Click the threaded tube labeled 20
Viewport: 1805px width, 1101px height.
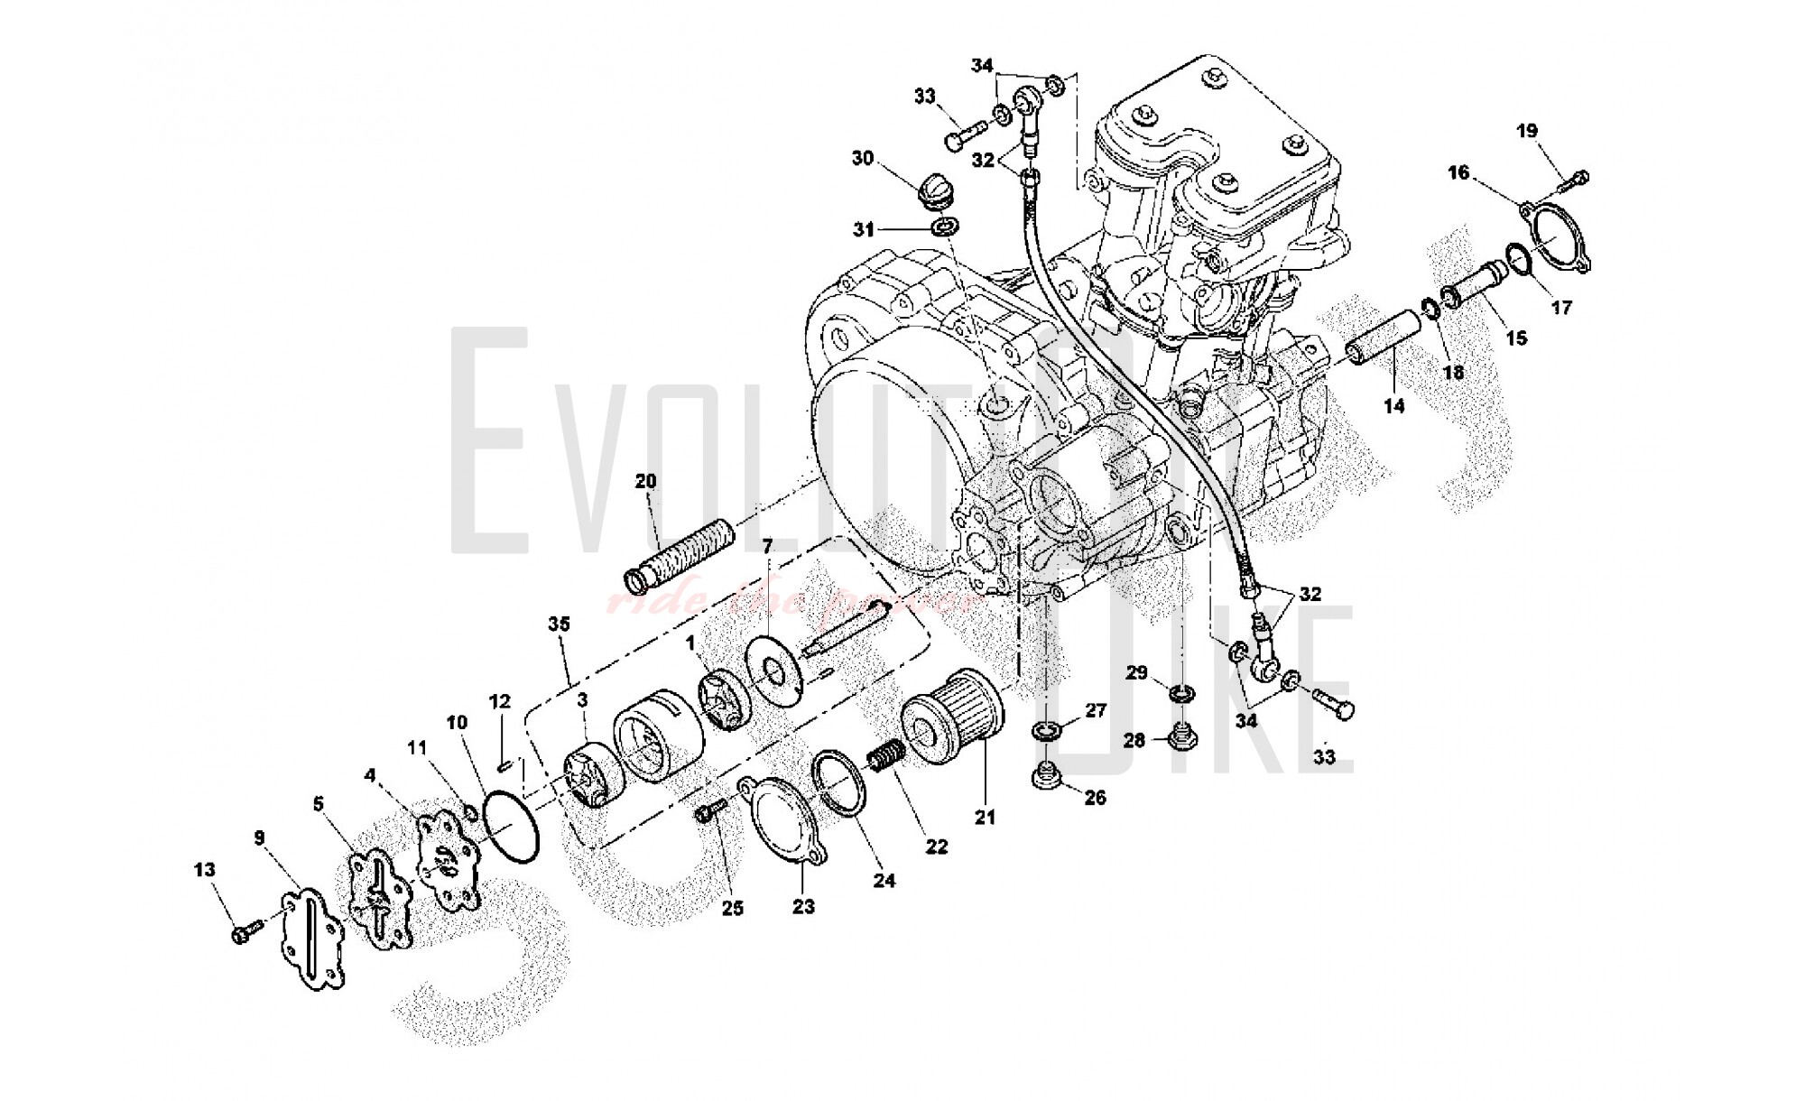click(680, 551)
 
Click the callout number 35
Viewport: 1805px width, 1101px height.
click(559, 624)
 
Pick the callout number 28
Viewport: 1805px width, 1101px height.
click(1134, 740)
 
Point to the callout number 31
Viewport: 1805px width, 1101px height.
click(864, 230)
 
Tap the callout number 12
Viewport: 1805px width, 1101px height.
click(499, 701)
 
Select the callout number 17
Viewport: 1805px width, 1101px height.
click(1561, 307)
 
